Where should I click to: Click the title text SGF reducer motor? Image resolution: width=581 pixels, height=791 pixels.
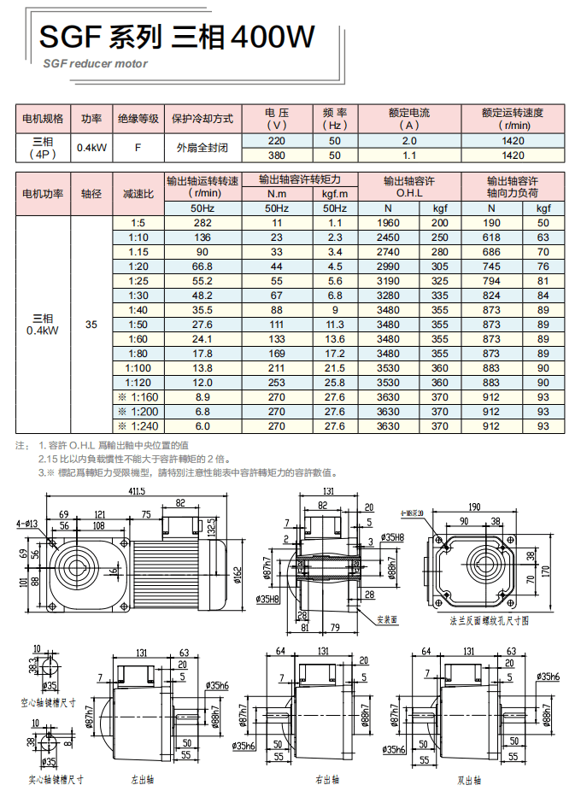click(x=95, y=63)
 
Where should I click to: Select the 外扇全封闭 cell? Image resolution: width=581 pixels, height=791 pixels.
click(x=202, y=147)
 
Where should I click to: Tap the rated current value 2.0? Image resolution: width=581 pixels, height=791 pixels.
click(x=408, y=140)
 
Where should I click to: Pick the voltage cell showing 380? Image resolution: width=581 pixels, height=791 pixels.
click(x=276, y=155)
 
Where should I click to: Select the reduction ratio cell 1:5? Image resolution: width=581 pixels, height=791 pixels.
click(x=138, y=223)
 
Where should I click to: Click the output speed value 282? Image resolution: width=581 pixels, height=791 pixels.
click(x=202, y=223)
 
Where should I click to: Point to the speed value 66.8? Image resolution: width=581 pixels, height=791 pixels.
click(x=202, y=267)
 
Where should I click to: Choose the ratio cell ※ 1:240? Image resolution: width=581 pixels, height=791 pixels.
click(x=138, y=425)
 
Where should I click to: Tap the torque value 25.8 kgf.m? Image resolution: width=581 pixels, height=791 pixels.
click(x=334, y=382)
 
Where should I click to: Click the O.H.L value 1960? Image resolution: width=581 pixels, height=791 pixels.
click(x=388, y=223)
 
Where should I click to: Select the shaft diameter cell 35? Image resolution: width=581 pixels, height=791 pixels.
click(x=91, y=324)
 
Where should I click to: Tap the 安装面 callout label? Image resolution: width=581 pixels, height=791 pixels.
click(x=387, y=619)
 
